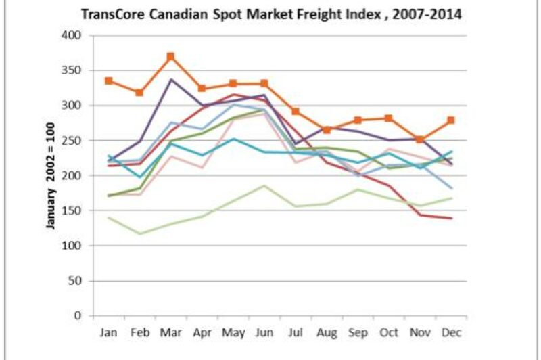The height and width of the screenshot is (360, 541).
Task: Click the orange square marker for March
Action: pos(171,56)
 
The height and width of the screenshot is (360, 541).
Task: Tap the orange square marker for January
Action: pos(109,81)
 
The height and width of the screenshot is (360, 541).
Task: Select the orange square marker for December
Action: pos(451,120)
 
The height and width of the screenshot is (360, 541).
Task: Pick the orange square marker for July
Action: pos(296,111)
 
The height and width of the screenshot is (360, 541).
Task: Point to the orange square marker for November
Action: pos(420,139)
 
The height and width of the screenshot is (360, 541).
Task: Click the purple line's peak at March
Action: pos(171,79)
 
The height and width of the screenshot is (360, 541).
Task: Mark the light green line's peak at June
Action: pos(264,185)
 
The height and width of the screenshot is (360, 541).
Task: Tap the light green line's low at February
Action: pos(140,234)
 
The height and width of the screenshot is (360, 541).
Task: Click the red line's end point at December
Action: pos(451,219)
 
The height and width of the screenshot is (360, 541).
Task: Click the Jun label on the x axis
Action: pos(264,334)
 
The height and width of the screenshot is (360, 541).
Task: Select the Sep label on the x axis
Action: pos(358,334)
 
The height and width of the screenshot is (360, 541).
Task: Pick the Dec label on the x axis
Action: pos(451,334)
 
